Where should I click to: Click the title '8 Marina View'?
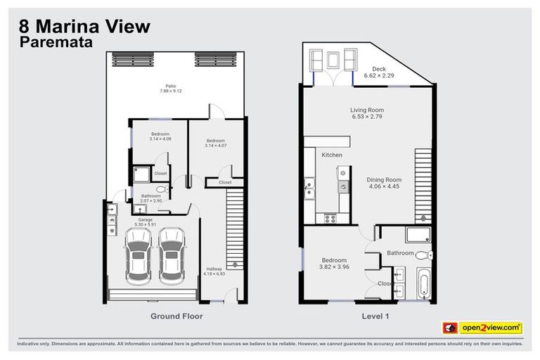point(83,27)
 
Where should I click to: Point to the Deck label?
point(379,69)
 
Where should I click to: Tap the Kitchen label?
point(332,155)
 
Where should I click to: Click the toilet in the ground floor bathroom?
point(160,190)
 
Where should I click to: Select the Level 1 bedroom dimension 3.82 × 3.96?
point(334,267)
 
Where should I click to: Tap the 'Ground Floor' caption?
point(176,316)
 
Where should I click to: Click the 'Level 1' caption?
point(375,316)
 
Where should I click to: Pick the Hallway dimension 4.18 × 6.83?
point(214,274)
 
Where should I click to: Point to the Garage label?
point(146,220)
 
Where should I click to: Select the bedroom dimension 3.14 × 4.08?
point(160,139)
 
